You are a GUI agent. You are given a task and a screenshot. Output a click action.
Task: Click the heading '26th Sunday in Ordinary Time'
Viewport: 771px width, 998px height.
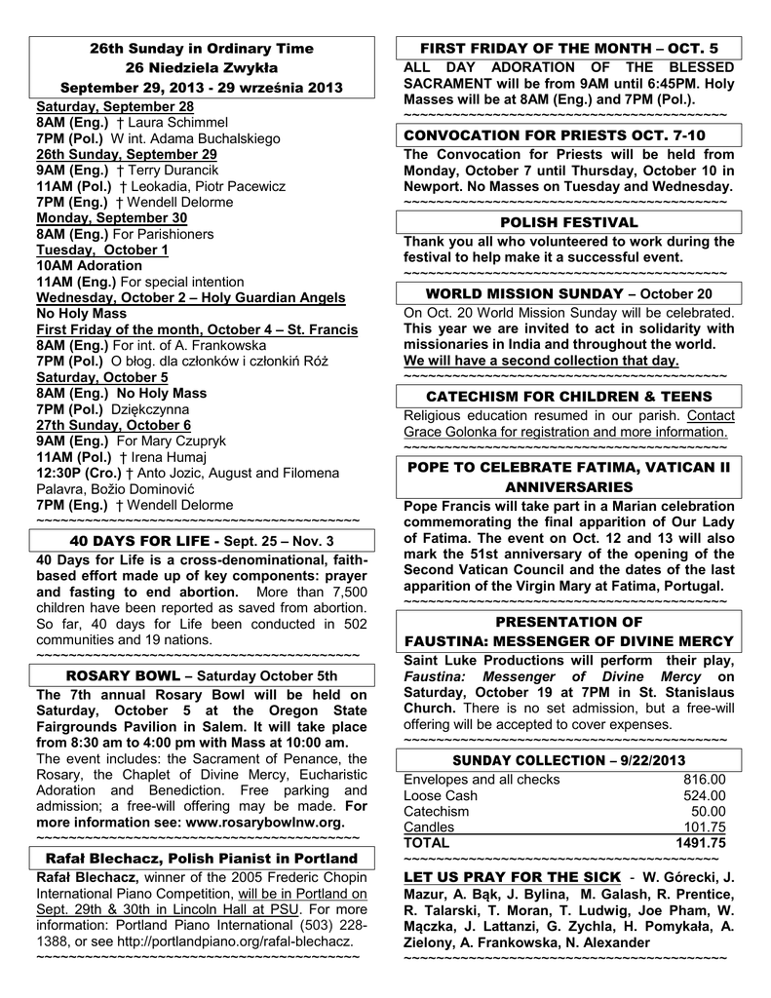202,48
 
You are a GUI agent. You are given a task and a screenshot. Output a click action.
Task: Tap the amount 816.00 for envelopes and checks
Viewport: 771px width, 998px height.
704,779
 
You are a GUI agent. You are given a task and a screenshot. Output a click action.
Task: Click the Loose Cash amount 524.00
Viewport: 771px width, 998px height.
704,795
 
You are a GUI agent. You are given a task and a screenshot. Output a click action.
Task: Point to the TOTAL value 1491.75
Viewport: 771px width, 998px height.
701,842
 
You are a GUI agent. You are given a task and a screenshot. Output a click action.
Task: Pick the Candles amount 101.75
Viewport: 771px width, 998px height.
704,826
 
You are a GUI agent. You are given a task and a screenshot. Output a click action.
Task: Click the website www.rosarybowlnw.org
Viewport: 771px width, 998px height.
264,822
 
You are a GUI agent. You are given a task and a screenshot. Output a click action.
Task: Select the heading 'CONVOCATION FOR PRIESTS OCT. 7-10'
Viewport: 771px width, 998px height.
555,134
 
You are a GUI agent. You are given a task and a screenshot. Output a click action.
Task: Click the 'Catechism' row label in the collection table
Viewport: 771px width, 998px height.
436,811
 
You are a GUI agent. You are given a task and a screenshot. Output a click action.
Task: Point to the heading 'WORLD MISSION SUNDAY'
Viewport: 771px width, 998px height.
524,293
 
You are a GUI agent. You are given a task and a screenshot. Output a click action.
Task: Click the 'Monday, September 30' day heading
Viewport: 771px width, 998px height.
111,218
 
